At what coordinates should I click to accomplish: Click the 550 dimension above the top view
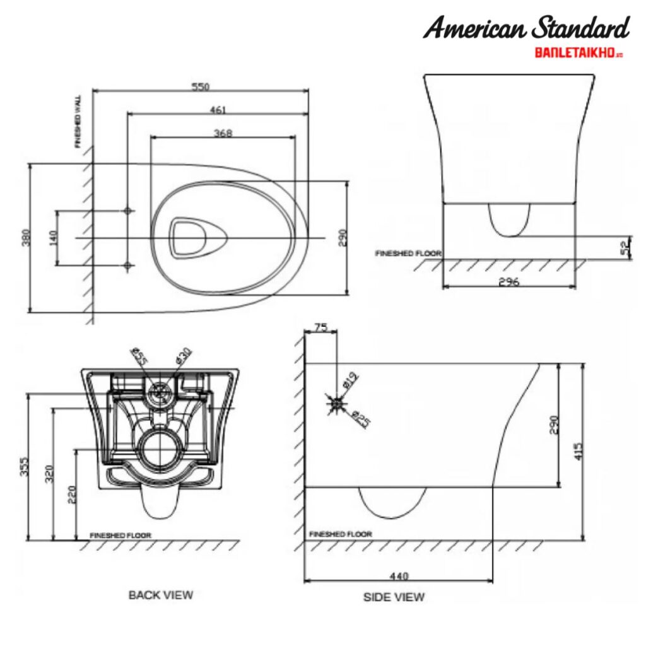(201, 86)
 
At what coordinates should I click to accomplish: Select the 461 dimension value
(218, 110)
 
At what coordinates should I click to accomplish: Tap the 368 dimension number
(223, 133)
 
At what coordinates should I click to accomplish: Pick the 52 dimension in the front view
(625, 247)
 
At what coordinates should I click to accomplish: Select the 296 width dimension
(508, 282)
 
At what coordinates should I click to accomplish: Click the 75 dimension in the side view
(320, 327)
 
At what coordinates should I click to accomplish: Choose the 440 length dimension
(399, 575)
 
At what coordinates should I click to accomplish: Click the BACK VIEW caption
(161, 594)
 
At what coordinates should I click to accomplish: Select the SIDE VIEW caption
(394, 597)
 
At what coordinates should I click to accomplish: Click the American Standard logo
(526, 28)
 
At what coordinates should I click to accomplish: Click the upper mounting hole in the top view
(128, 211)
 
